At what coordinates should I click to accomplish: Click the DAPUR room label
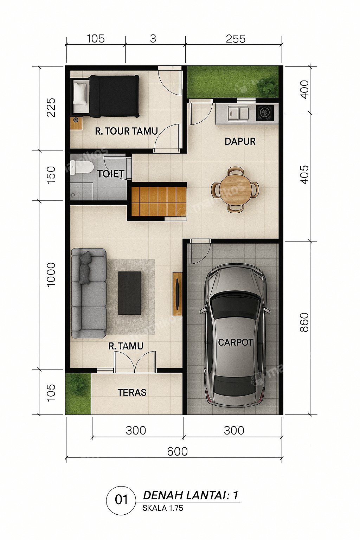click(x=240, y=142)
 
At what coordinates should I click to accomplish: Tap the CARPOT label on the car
click(x=235, y=342)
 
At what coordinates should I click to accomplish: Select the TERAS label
click(x=132, y=392)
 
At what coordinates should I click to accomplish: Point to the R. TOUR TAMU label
click(x=126, y=131)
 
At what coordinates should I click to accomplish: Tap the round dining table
click(x=235, y=190)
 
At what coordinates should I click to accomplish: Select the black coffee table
click(x=130, y=293)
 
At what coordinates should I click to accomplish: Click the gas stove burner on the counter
click(x=265, y=112)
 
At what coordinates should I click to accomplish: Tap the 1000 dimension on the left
click(x=51, y=275)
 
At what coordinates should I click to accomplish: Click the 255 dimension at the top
click(x=236, y=39)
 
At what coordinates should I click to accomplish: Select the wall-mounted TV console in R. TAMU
click(x=178, y=294)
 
